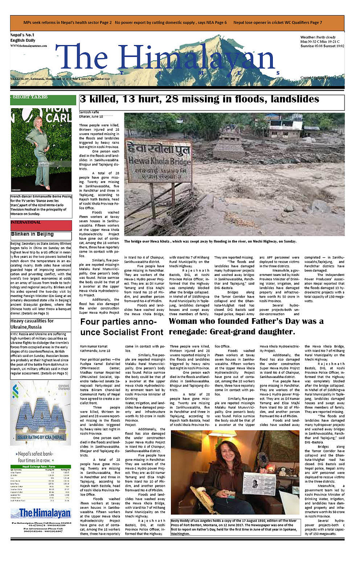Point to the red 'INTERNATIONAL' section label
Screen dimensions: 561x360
click(x=26, y=223)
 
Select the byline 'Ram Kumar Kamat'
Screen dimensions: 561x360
click(x=95, y=345)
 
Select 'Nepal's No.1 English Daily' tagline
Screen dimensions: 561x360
click(x=27, y=39)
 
